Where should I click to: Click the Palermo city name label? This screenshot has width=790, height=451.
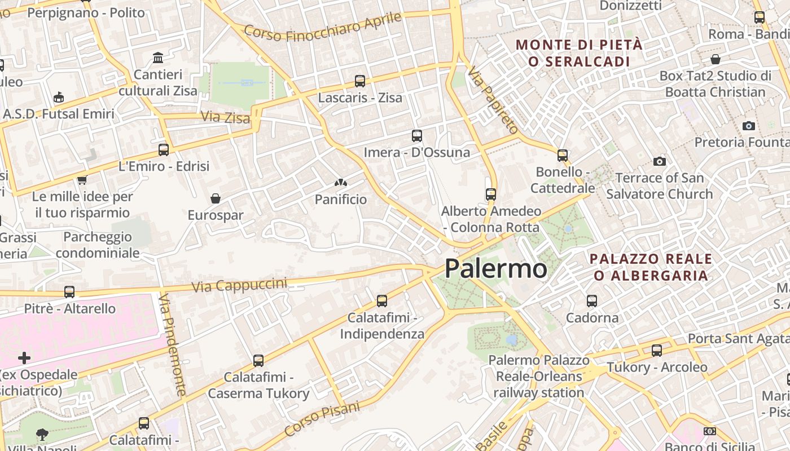(x=495, y=268)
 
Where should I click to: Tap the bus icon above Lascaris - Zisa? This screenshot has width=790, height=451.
(x=360, y=81)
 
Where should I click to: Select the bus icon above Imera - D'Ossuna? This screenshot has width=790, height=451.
(x=417, y=136)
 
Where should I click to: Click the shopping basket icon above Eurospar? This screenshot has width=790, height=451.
(x=215, y=198)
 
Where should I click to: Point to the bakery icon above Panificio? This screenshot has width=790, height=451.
(x=340, y=183)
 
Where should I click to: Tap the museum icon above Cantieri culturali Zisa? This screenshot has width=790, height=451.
(x=158, y=58)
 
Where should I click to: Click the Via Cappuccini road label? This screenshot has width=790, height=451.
(x=239, y=285)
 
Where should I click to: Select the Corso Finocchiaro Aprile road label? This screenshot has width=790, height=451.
(x=323, y=26)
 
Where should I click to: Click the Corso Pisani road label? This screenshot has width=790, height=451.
(x=322, y=419)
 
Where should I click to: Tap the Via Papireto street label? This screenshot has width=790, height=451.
(x=492, y=101)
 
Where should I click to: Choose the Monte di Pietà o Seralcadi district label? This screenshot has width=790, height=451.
(x=579, y=53)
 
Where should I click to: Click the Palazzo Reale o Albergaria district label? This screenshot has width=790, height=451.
(x=650, y=267)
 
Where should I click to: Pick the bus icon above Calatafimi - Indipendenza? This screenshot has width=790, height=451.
(x=382, y=301)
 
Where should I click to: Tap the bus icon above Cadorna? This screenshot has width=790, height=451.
(x=592, y=301)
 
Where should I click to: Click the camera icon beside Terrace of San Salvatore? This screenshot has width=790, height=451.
(x=659, y=162)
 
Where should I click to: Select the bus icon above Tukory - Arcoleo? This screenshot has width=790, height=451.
(x=657, y=351)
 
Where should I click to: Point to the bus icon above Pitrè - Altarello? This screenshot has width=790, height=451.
(x=69, y=292)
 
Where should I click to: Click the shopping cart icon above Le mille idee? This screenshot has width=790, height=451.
(x=82, y=180)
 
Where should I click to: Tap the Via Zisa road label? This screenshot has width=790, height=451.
(x=225, y=118)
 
